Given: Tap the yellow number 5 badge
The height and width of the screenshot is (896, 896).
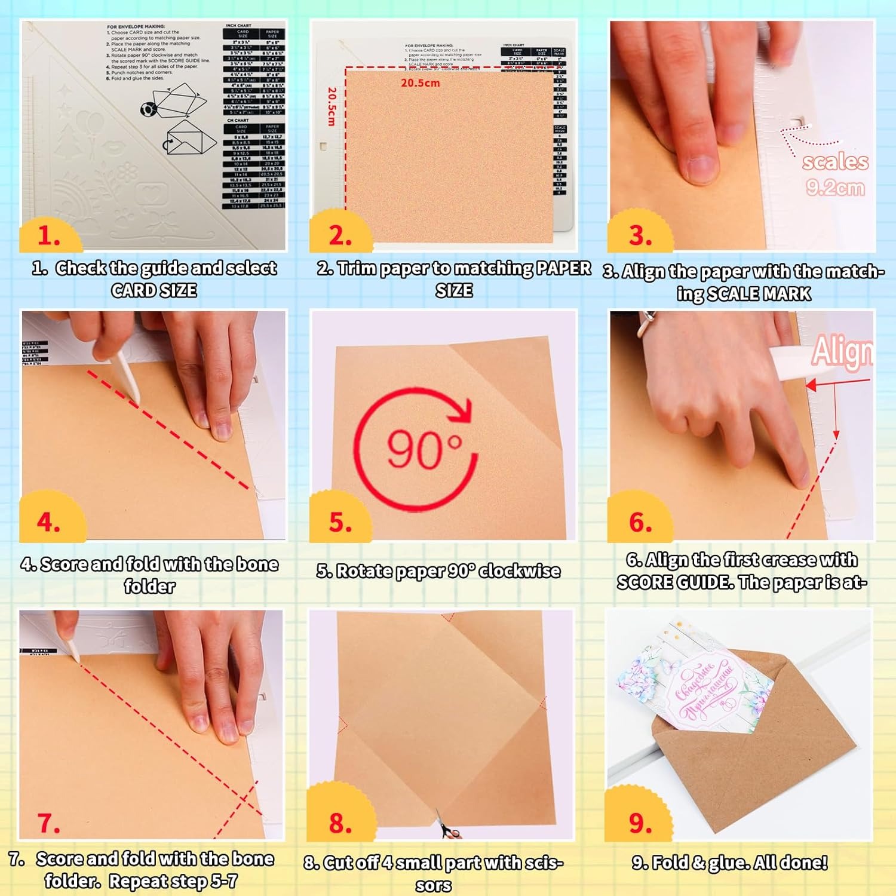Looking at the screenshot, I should tap(340, 521).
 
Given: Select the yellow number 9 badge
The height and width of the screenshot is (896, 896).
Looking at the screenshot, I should tap(640, 823).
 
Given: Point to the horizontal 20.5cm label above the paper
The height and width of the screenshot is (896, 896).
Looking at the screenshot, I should tap(420, 83).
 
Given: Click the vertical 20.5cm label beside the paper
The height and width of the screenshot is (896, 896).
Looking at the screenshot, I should tap(332, 106).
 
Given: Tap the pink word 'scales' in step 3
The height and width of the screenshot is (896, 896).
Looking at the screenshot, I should tap(834, 162).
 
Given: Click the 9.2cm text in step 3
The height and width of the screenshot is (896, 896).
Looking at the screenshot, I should tap(834, 188).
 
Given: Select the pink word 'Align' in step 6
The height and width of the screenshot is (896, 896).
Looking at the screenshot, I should tap(842, 351).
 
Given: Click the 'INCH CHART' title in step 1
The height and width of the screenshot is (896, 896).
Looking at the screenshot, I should tap(238, 26).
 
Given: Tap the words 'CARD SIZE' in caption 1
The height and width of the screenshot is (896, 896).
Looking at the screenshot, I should tap(154, 290).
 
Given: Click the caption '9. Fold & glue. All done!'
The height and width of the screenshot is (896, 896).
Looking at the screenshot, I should tap(729, 863).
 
